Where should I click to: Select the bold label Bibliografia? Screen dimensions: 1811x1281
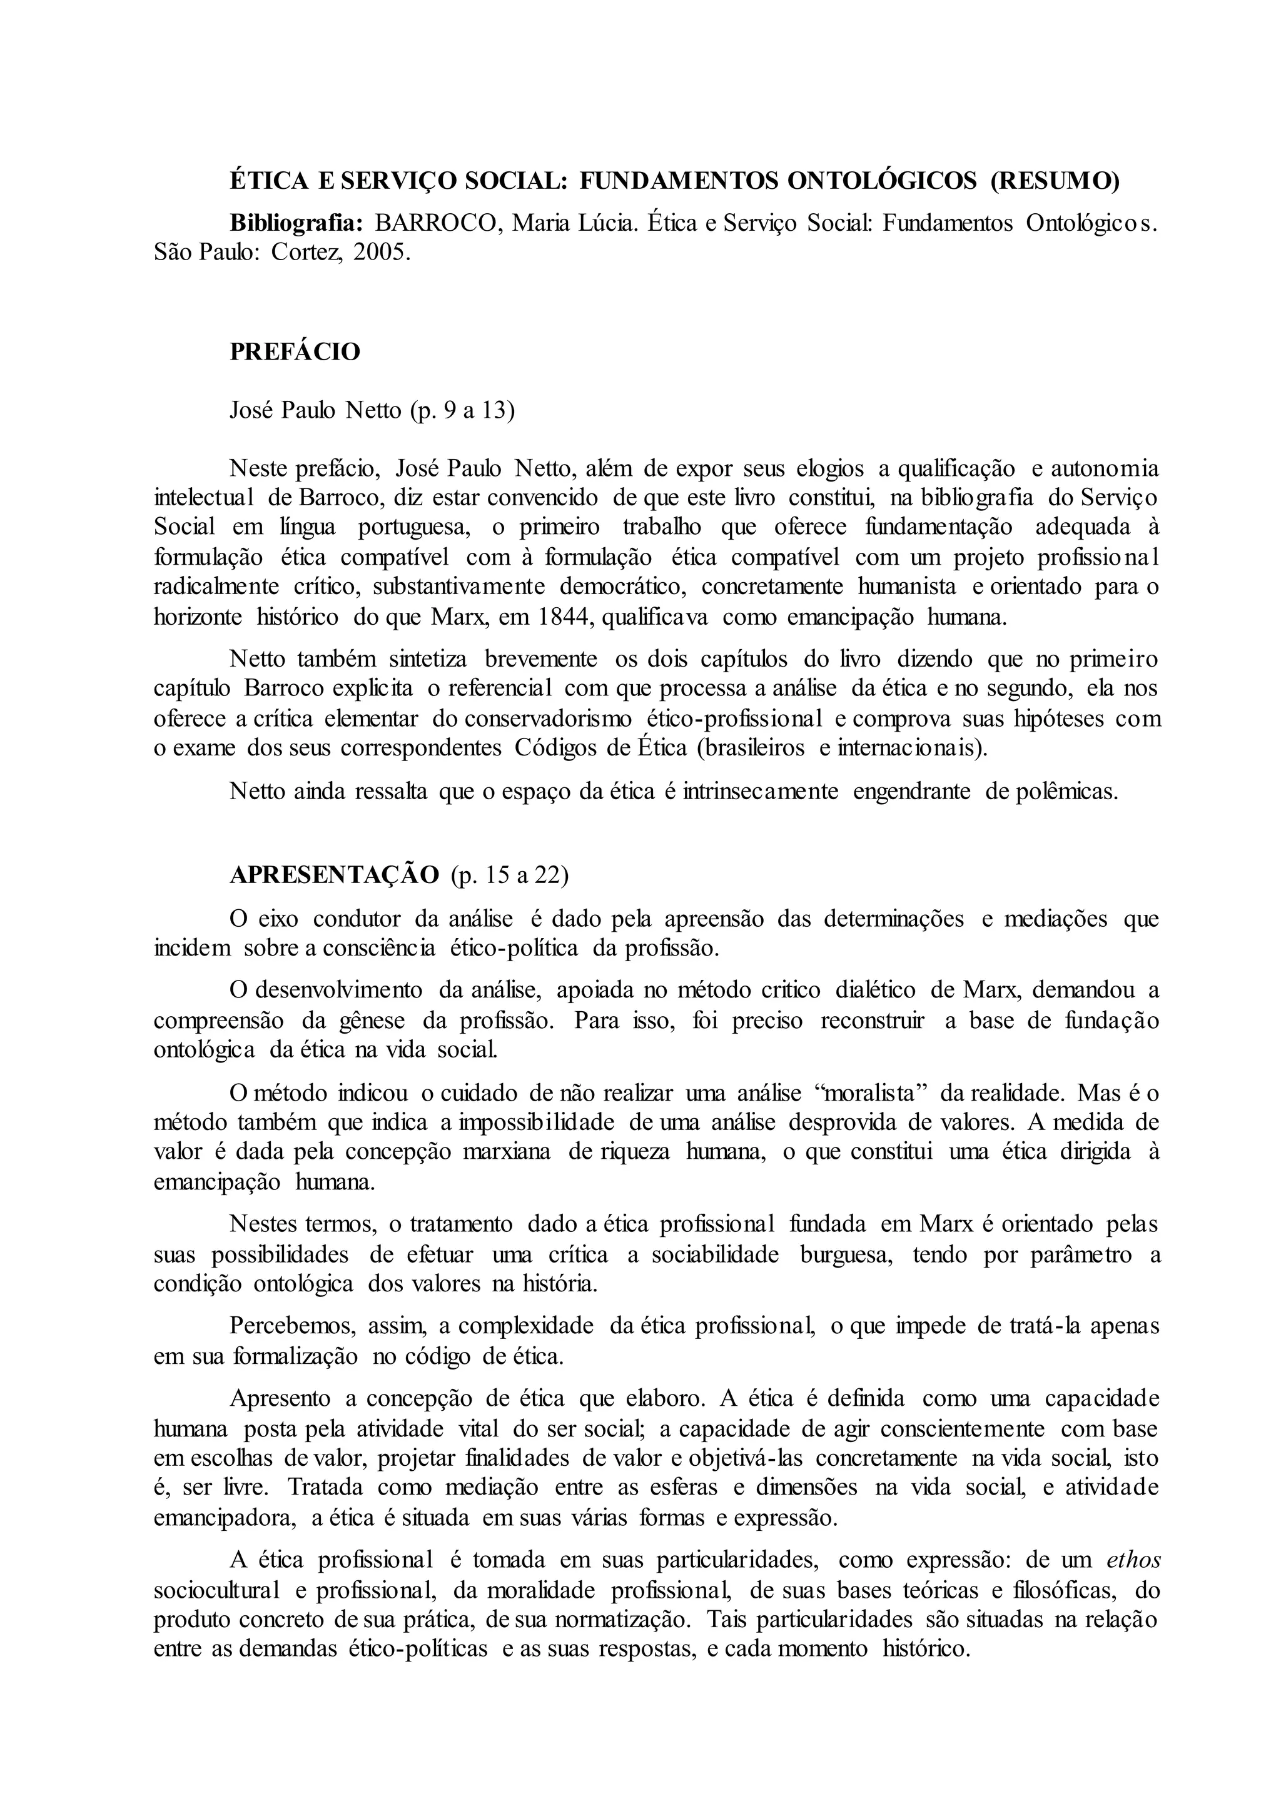click(296, 223)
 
